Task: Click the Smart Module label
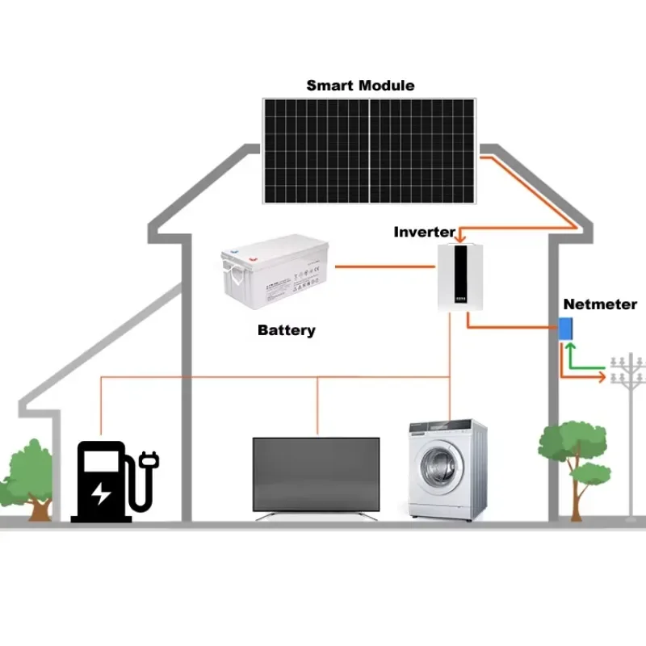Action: (360, 85)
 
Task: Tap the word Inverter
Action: (424, 232)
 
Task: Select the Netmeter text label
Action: (599, 304)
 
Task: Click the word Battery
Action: (286, 329)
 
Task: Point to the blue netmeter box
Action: (567, 329)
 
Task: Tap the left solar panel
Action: (316, 151)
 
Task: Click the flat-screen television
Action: (316, 473)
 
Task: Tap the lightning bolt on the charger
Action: (101, 492)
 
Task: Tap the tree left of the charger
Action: (32, 476)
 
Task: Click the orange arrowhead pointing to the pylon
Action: (601, 376)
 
